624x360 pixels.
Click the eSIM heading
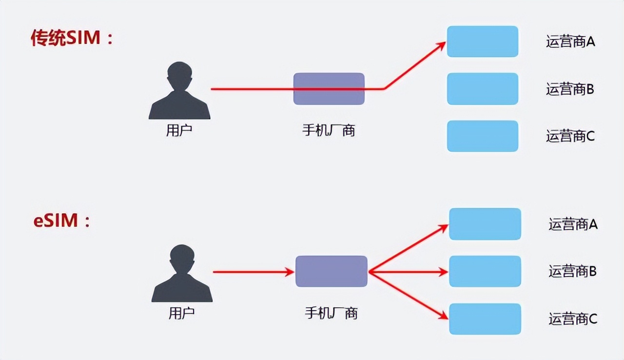tap(62, 221)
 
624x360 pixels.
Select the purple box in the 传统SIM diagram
tap(329, 89)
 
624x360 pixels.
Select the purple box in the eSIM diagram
tap(331, 271)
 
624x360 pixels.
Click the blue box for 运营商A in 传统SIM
tap(482, 41)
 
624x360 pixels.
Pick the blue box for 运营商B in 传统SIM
tap(482, 89)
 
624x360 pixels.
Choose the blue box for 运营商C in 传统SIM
tap(482, 136)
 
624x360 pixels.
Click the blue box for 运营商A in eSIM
tap(485, 224)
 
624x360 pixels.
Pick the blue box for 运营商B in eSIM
tap(485, 271)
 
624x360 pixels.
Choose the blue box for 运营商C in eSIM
tap(485, 319)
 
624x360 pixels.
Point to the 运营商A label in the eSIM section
tap(573, 224)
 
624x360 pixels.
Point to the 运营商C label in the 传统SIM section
tap(570, 136)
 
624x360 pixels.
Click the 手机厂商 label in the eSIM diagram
tap(331, 313)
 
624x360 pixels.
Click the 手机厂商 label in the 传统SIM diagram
tap(329, 130)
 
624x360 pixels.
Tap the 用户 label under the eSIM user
tap(182, 313)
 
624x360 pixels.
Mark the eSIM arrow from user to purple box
tap(253, 272)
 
